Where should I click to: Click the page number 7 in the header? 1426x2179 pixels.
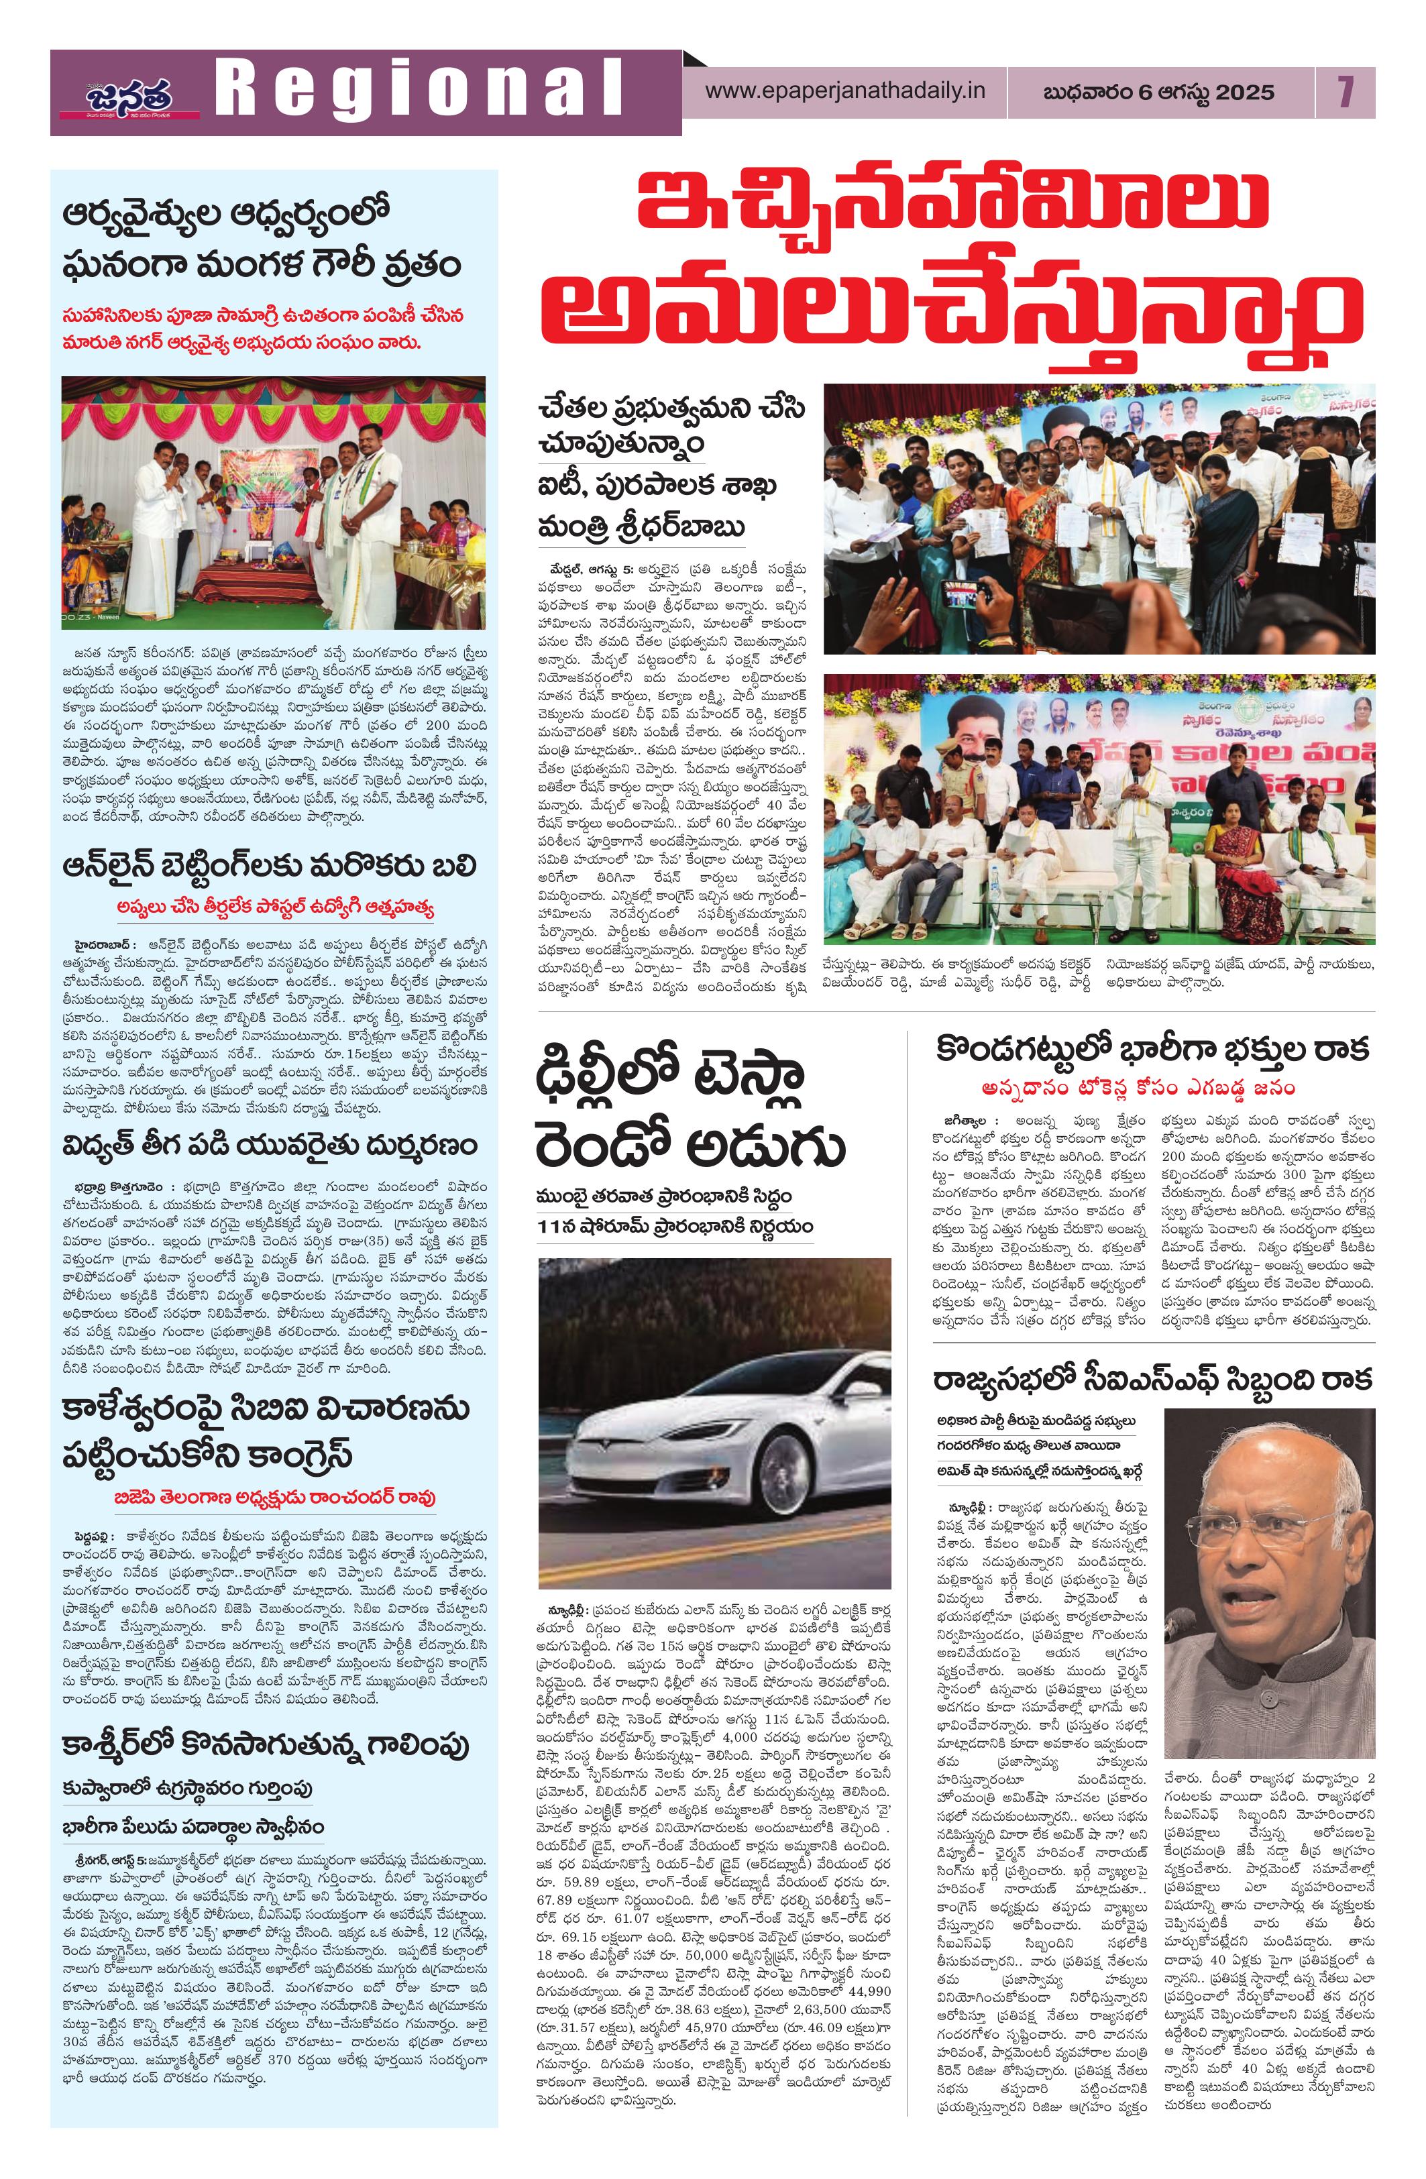(1344, 92)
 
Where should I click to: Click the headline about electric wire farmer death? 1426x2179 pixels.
(270, 1146)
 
